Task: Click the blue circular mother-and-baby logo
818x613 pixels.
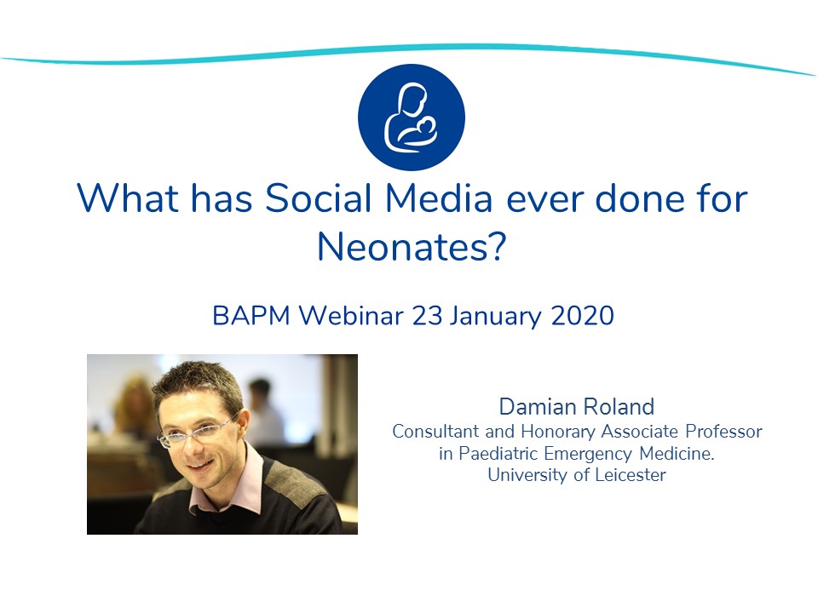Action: [x=411, y=117]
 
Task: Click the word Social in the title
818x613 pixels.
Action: [x=318, y=198]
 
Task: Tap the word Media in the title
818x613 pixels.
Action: [x=439, y=198]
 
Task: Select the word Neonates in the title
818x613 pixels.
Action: [x=403, y=246]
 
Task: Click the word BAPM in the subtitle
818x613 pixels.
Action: [x=251, y=315]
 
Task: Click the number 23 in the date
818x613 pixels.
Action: [x=427, y=315]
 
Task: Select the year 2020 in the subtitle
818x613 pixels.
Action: [x=582, y=315]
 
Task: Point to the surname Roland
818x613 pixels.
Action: [x=619, y=407]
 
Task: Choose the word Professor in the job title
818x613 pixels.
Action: [x=724, y=431]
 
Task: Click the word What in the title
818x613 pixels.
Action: [x=128, y=198]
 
